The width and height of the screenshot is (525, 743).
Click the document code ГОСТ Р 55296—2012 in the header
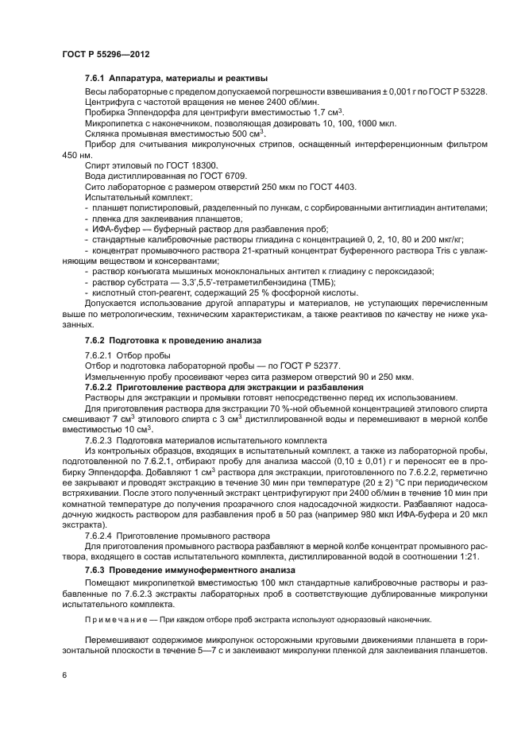coord(106,53)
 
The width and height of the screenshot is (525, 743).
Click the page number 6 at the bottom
coord(64,674)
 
